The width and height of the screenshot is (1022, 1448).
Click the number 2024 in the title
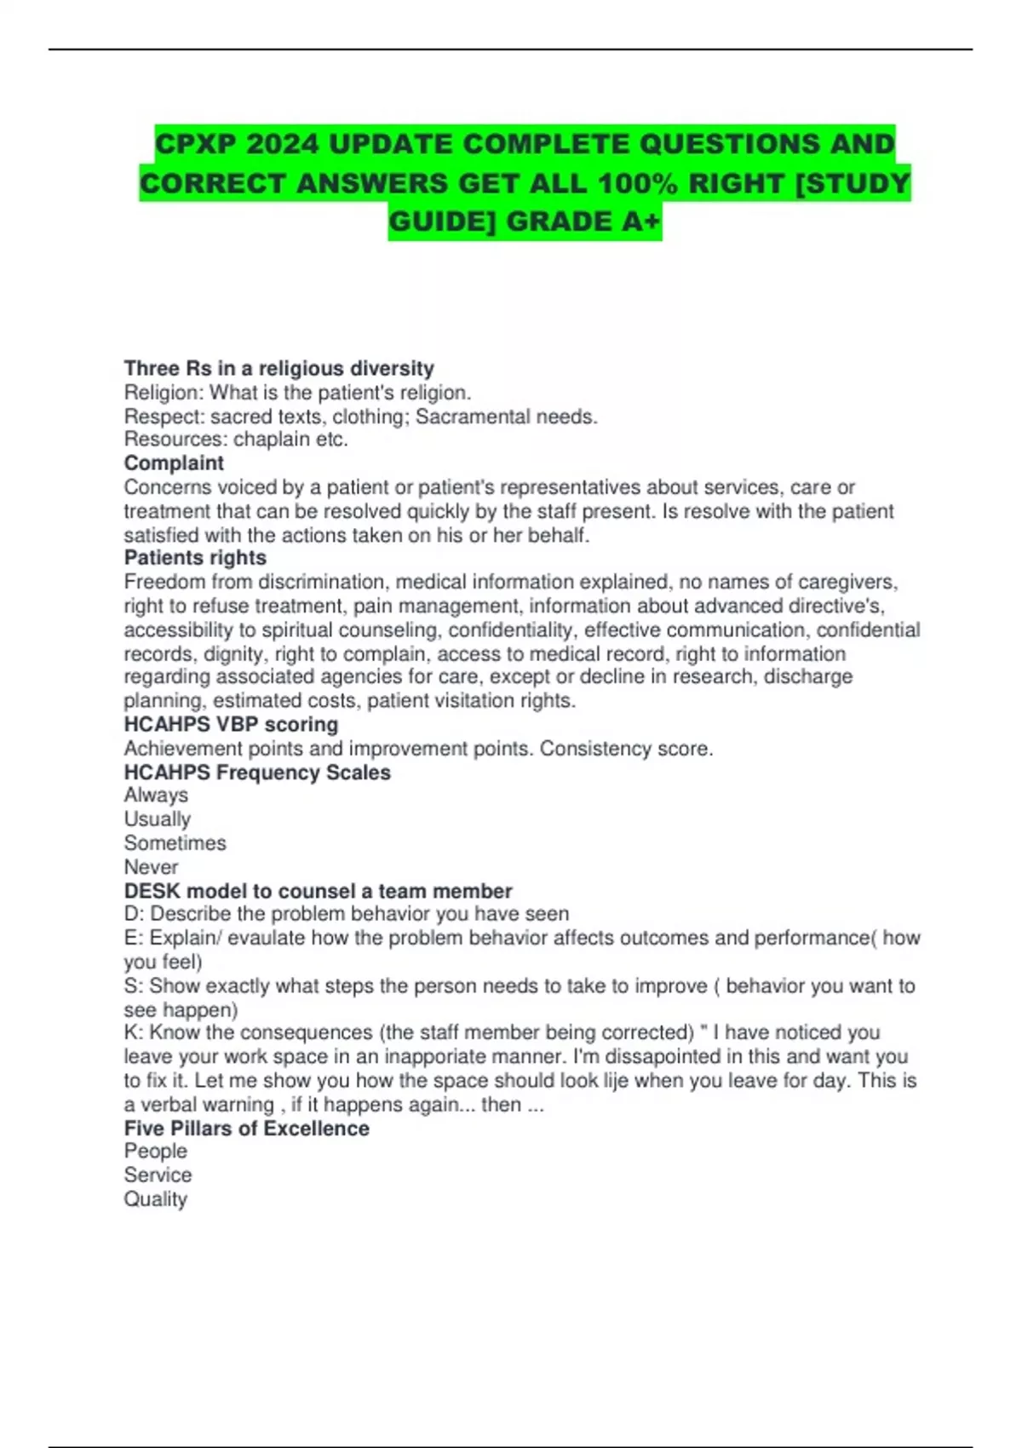(x=282, y=144)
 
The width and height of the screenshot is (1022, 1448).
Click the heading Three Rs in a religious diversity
(x=278, y=368)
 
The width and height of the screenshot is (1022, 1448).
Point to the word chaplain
(x=272, y=440)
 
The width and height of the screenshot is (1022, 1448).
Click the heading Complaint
(x=174, y=463)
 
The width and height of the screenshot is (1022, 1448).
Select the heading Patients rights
(x=195, y=558)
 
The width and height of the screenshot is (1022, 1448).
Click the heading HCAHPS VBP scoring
(x=231, y=724)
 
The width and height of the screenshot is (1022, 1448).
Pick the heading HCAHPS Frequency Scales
(x=257, y=773)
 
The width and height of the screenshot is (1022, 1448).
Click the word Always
(x=156, y=795)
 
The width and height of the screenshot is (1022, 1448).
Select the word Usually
(x=158, y=819)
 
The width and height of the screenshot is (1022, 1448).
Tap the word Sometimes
(x=175, y=842)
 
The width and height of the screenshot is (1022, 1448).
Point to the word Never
(x=151, y=866)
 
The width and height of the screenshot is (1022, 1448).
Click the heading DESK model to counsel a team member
(x=318, y=891)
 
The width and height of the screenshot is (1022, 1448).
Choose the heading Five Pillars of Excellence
(x=246, y=1128)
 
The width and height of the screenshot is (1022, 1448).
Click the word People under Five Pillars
(x=155, y=1151)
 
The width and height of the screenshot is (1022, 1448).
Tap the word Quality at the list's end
(x=155, y=1198)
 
